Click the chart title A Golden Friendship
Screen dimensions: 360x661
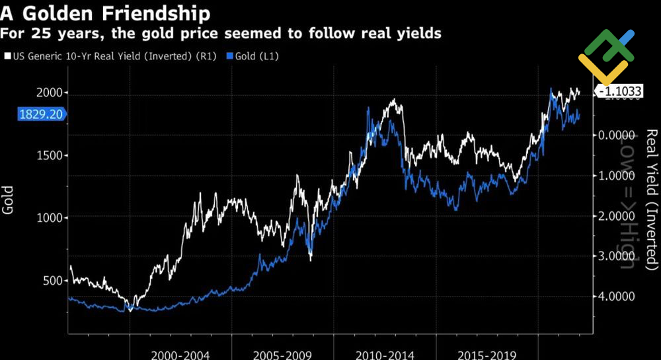coord(106,13)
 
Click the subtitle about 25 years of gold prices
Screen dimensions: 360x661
coord(221,33)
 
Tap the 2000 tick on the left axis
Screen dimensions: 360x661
coord(49,93)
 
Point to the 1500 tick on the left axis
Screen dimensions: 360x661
coord(49,155)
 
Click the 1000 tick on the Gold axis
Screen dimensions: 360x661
coord(49,218)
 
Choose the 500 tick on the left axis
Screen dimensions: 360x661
coord(52,281)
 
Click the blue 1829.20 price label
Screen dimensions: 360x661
coord(41,114)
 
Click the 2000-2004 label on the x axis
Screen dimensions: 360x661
coord(181,354)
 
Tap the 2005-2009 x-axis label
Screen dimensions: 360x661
coord(283,354)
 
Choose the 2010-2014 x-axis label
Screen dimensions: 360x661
coord(385,354)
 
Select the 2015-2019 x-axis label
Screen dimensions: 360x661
coord(487,354)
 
